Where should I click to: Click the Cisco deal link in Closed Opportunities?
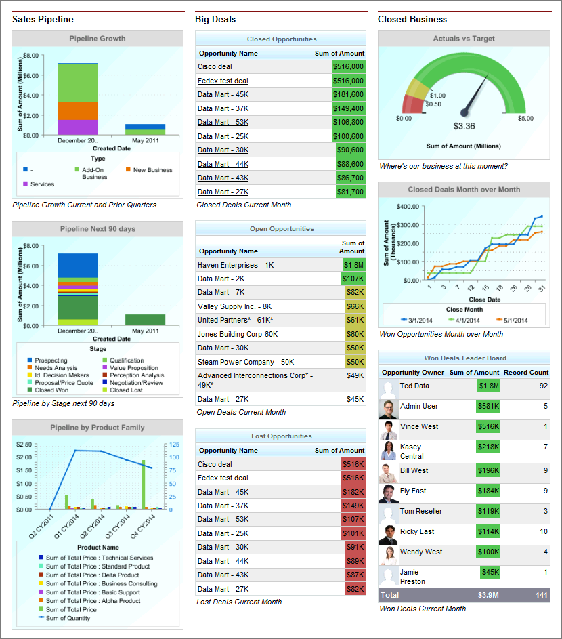click(215, 66)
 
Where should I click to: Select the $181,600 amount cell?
click(349, 94)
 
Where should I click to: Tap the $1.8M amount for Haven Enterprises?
click(353, 265)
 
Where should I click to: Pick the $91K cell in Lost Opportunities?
click(355, 547)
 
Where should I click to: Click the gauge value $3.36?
click(464, 126)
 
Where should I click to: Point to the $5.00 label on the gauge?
click(525, 119)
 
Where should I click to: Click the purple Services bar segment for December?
click(77, 127)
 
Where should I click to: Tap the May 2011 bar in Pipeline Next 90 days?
click(145, 320)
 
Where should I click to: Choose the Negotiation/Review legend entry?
click(136, 383)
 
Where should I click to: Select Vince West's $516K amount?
click(488, 426)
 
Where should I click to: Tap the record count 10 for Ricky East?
click(544, 531)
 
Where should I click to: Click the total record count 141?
click(541, 595)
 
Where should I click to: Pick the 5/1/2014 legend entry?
click(509, 320)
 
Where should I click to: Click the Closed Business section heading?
click(412, 19)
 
